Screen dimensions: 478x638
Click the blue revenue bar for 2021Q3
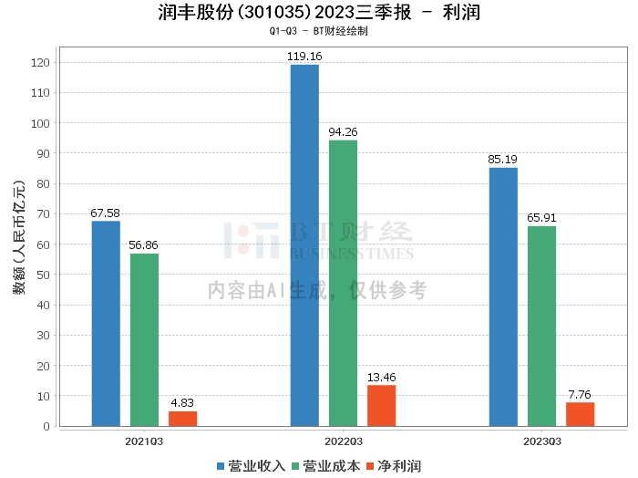tap(106, 323)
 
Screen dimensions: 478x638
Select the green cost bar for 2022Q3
tap(343, 283)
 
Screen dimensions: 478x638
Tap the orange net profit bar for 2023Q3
tap(580, 414)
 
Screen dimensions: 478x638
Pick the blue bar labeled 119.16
tap(304, 244)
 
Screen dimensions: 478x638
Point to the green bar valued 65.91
tap(541, 326)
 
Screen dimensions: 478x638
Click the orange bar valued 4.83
tap(182, 419)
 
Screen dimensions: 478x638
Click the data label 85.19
tap(502, 160)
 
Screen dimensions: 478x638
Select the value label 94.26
tap(343, 132)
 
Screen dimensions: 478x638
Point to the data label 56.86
tap(144, 245)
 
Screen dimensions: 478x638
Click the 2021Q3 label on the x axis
tap(144, 441)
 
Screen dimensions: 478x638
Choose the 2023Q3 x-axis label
tap(541, 441)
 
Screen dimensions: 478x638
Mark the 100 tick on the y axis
tap(40, 123)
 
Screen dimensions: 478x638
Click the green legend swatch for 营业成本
tap(296, 466)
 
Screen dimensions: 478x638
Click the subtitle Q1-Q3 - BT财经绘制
tap(318, 31)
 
